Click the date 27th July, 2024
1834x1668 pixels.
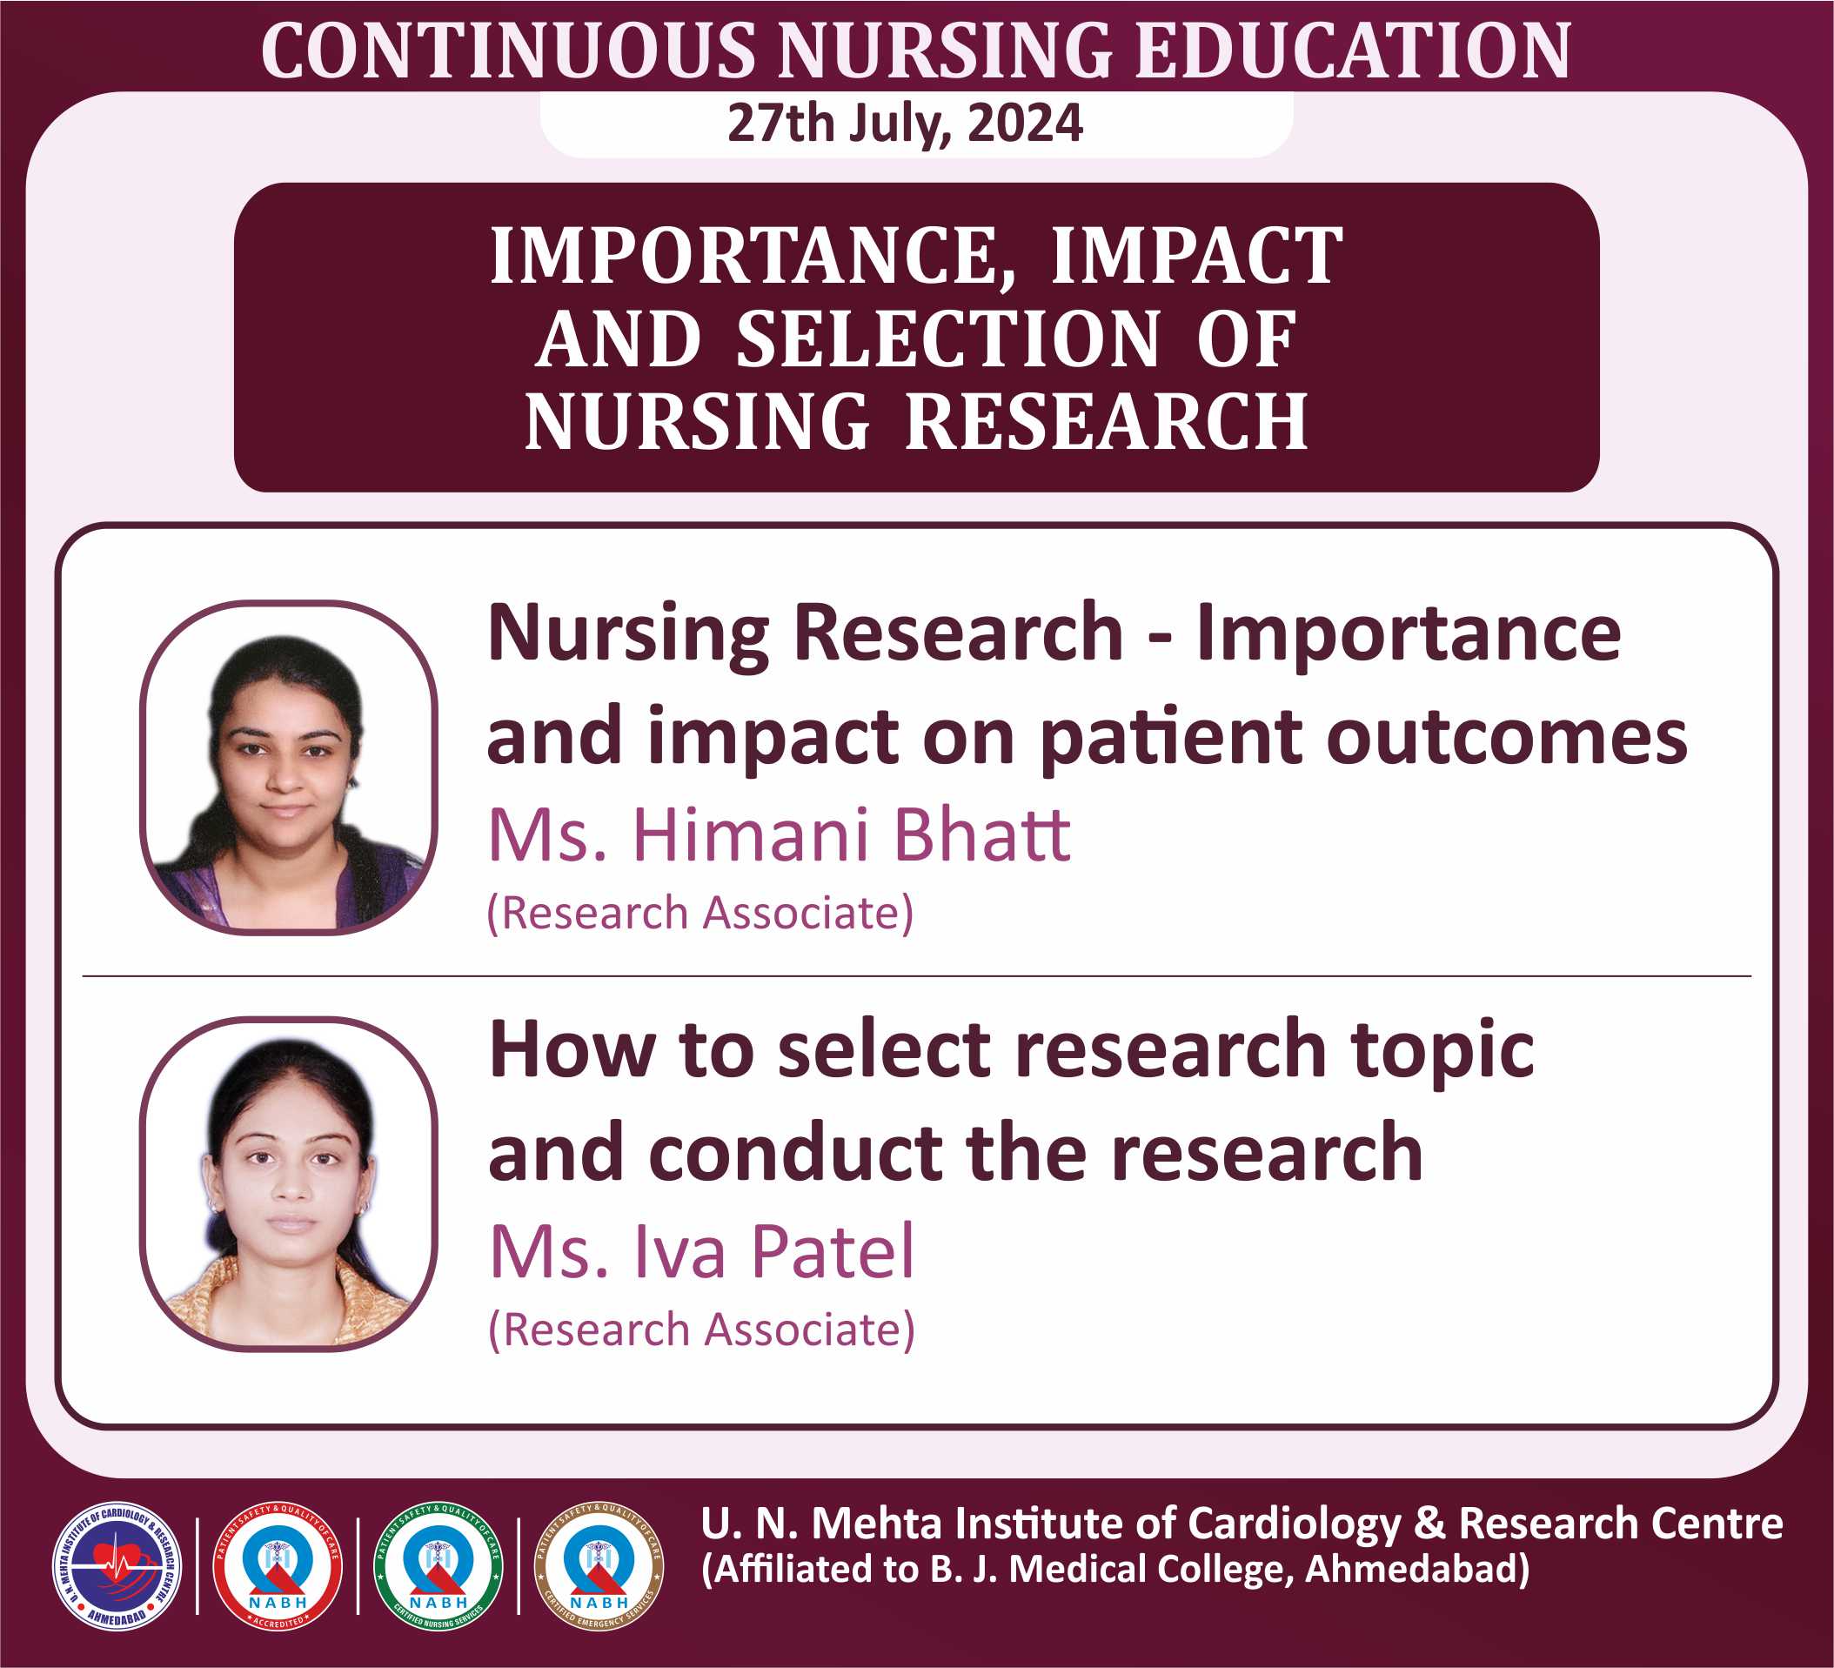905,124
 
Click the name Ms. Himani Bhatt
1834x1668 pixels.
780,834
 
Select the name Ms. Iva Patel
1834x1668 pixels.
701,1251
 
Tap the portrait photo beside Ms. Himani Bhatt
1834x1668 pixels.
288,767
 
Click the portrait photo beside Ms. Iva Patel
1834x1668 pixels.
288,1184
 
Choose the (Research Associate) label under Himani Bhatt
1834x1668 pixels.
700,913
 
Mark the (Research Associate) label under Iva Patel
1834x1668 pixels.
701,1330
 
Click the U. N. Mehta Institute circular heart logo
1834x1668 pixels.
117,1566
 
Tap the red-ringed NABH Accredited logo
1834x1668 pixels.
278,1566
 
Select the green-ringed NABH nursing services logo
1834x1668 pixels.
438,1566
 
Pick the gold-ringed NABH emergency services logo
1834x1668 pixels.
599,1566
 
